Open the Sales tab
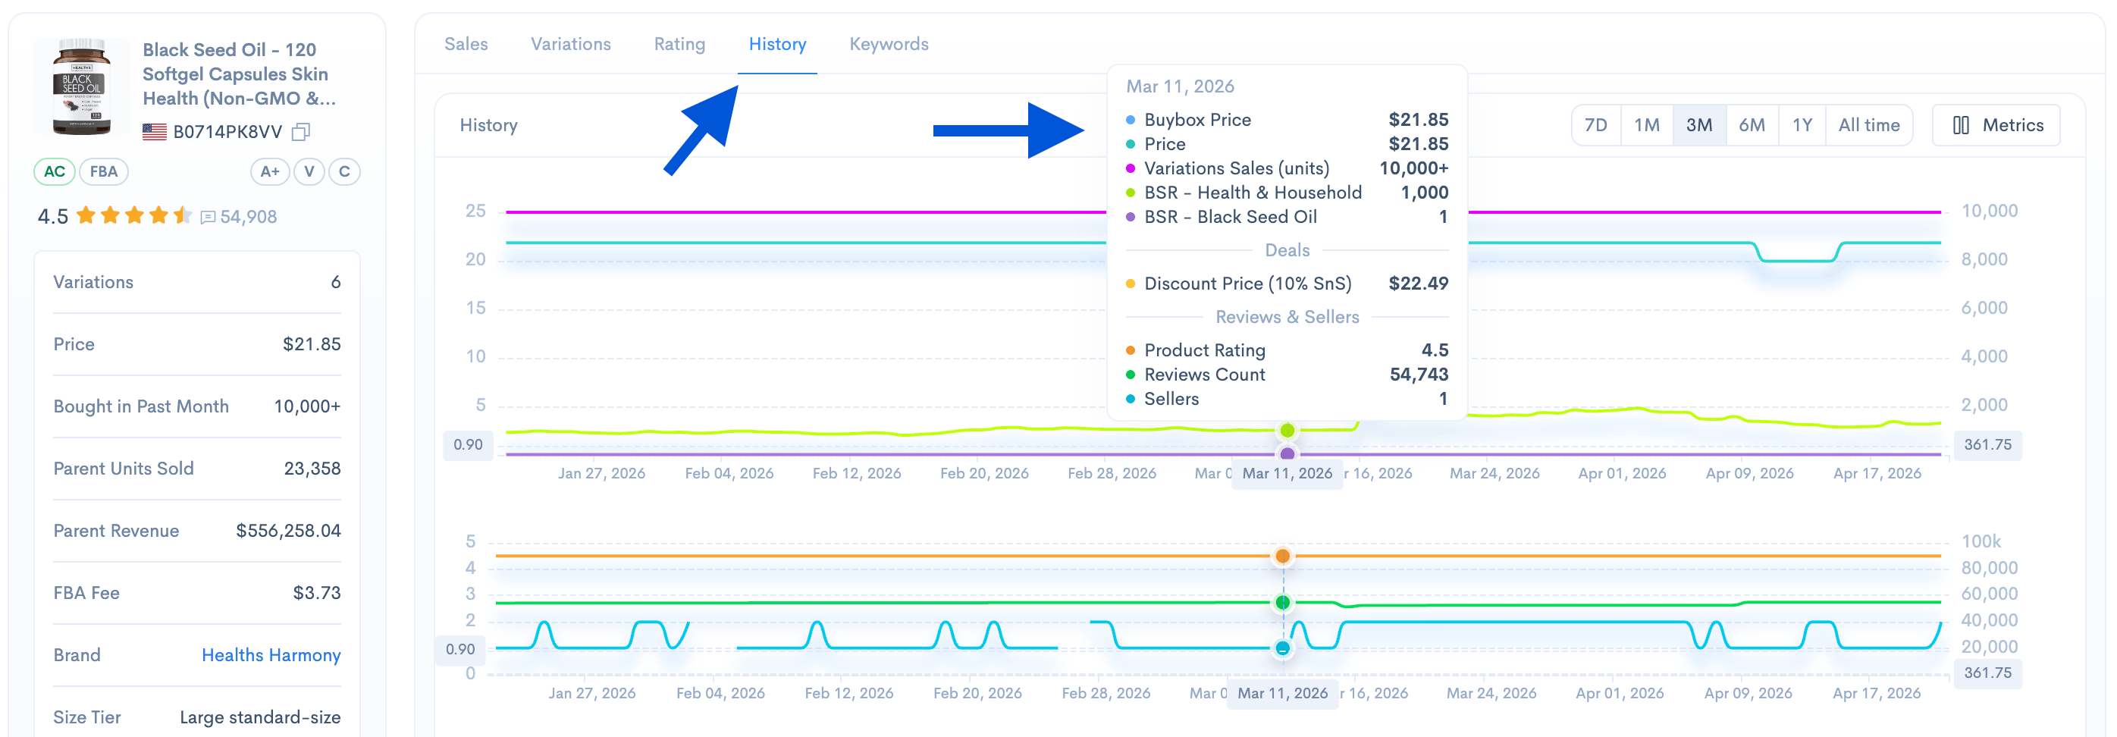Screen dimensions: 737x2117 coord(466,45)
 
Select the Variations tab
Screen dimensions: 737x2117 coord(570,45)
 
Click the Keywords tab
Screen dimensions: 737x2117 coord(889,45)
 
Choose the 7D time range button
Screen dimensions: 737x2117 coord(1595,125)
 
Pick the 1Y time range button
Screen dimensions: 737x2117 coord(1802,125)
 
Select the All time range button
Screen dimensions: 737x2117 coord(1868,125)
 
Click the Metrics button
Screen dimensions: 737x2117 coord(1997,125)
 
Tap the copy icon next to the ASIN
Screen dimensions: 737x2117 coord(302,131)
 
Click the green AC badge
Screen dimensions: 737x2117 coord(55,171)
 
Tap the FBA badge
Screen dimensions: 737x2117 coord(104,171)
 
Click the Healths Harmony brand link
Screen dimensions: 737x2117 coord(271,655)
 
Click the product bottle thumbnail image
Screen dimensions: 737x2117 coord(81,86)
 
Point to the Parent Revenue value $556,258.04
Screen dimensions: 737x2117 coord(287,531)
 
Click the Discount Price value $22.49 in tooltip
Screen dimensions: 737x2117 coord(1418,284)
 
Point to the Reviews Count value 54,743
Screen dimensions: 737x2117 coord(1419,375)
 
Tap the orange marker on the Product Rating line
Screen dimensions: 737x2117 coord(1282,557)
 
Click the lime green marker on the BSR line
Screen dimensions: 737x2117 coord(1287,430)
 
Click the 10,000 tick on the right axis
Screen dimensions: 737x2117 coord(1989,211)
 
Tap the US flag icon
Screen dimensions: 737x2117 coord(155,131)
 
